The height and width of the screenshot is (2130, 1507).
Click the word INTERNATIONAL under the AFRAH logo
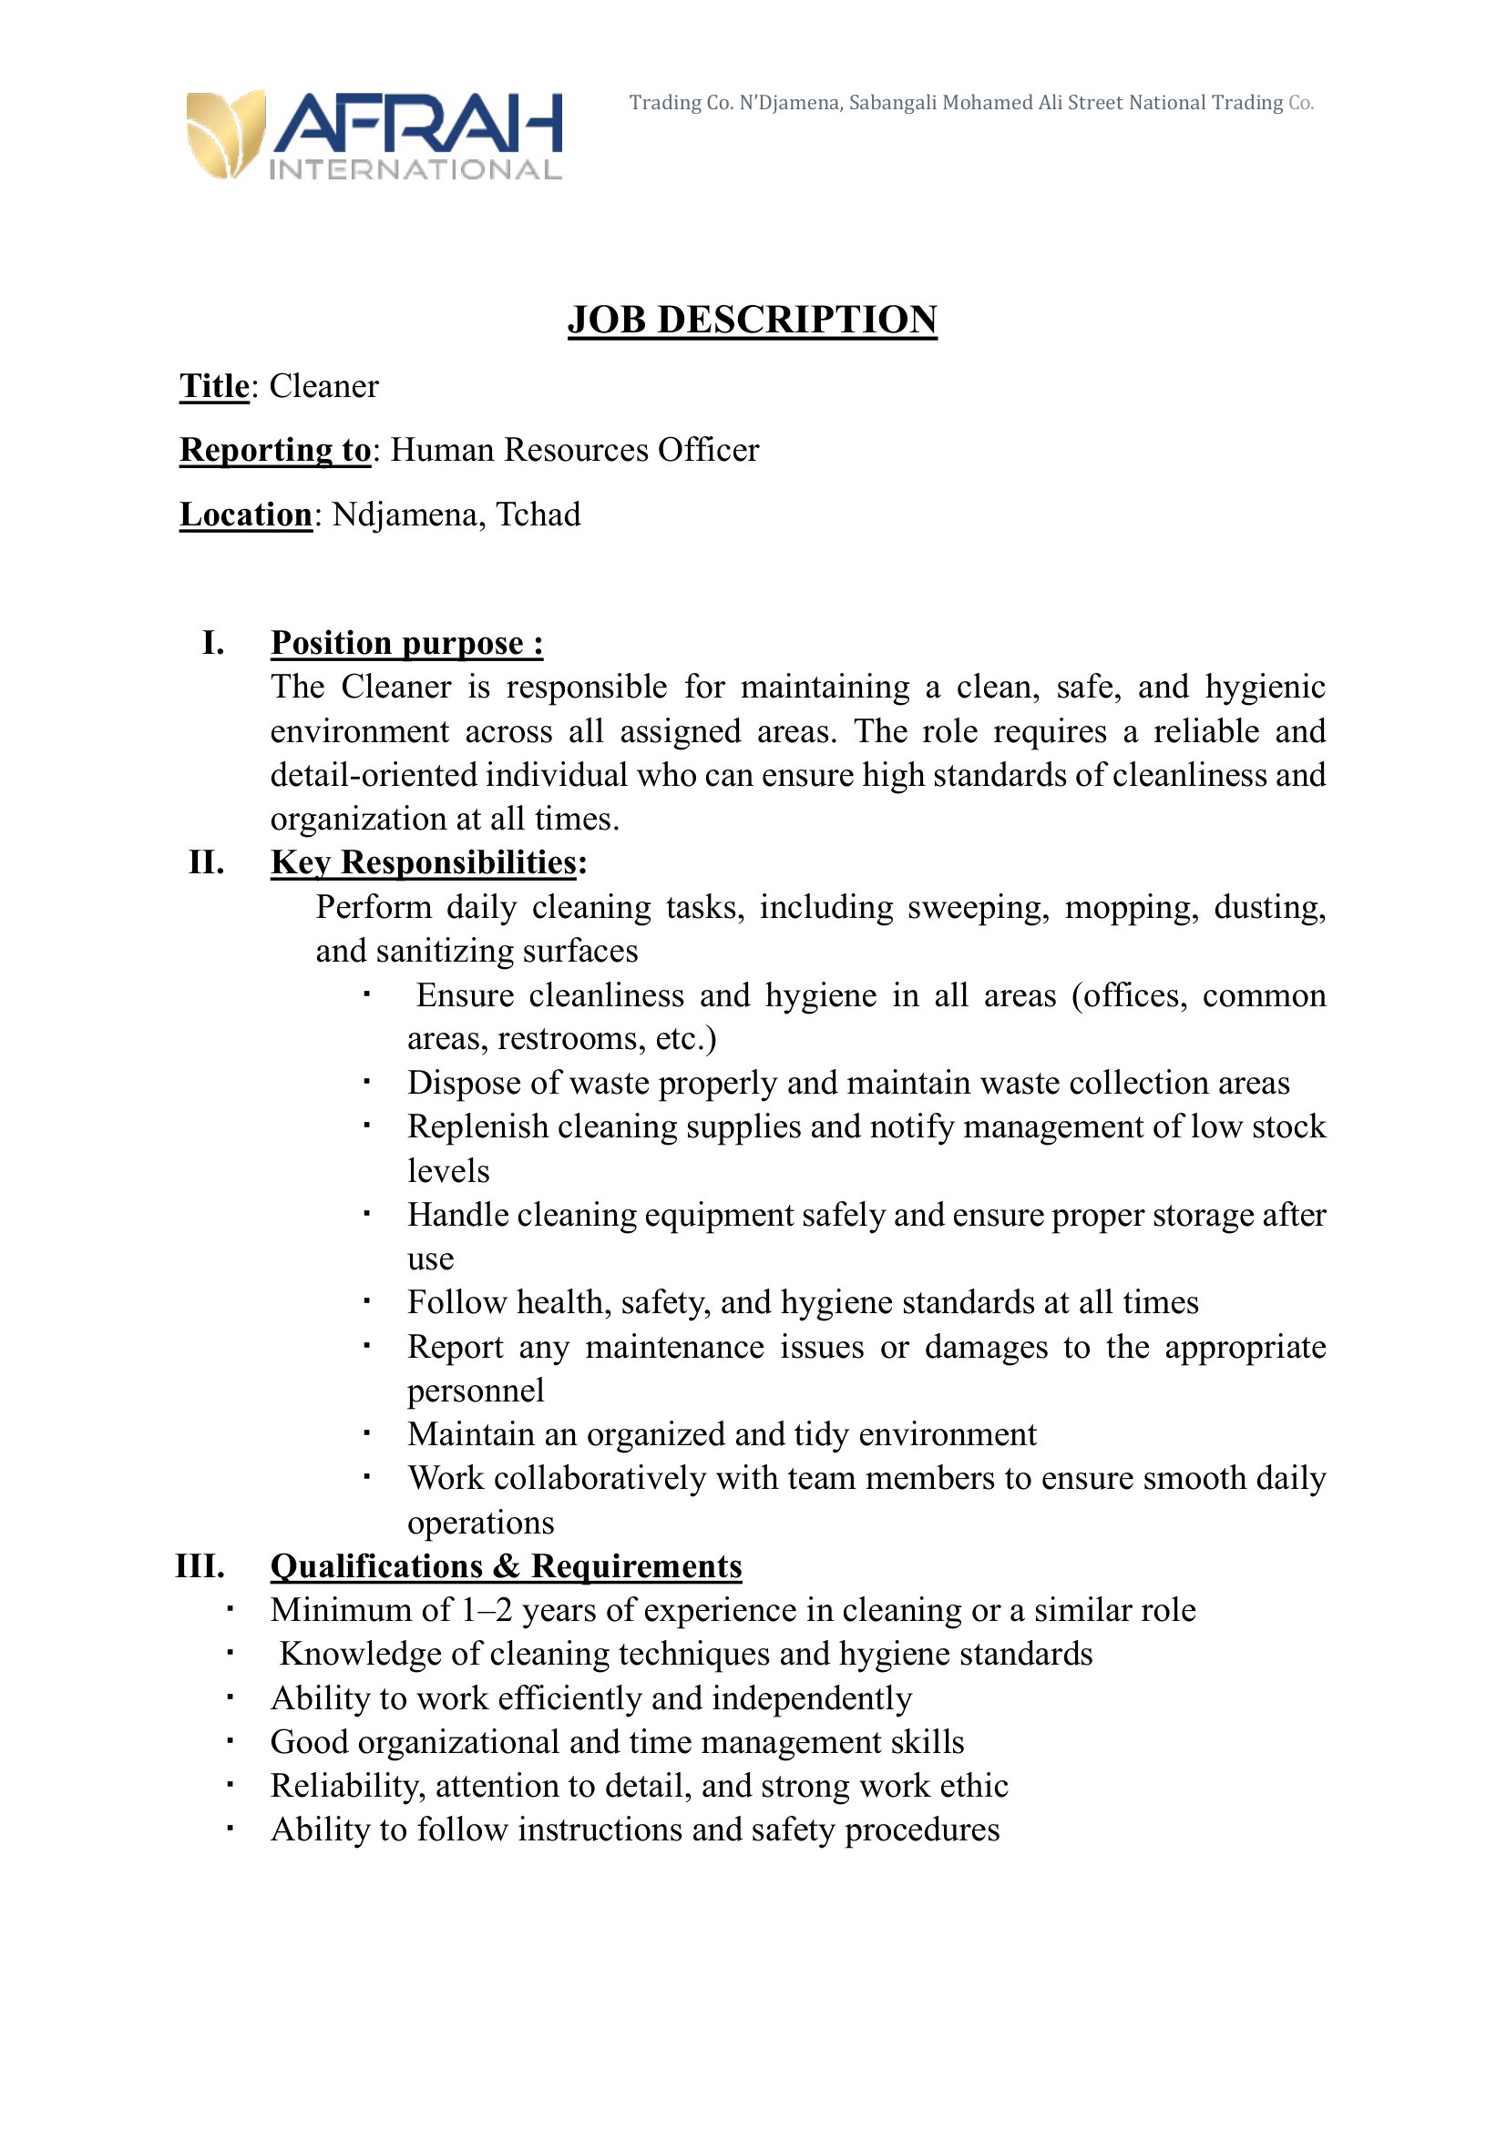pos(415,169)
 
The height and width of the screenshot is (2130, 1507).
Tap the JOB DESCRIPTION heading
pos(752,319)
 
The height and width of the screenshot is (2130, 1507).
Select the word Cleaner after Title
pos(323,386)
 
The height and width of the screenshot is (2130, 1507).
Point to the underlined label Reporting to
pos(275,450)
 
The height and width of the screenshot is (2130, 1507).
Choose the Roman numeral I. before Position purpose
pos(212,642)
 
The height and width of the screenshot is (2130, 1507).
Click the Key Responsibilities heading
pos(424,861)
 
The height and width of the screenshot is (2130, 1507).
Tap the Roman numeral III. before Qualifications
pos(200,1566)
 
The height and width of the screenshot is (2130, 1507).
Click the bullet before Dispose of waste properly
pos(366,1082)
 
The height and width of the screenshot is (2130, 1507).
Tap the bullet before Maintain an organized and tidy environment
pos(366,1433)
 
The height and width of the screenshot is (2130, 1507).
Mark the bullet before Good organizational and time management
pos(230,1741)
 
